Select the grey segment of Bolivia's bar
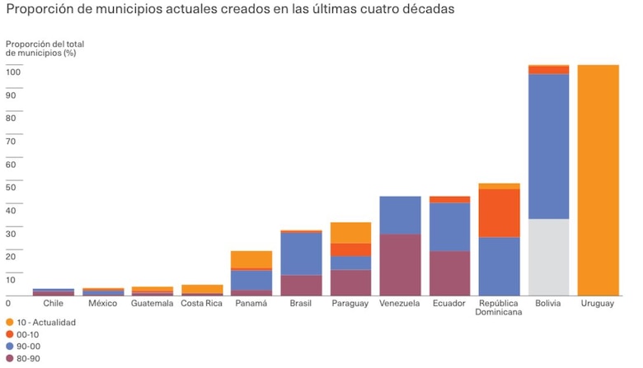(x=548, y=257)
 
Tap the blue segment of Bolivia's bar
(x=548, y=146)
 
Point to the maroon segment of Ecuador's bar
(x=449, y=273)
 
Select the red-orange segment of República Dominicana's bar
(x=499, y=212)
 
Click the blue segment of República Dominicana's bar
(x=499, y=266)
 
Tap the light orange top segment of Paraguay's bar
(x=350, y=232)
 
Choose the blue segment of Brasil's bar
(x=301, y=254)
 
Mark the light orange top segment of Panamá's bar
(x=251, y=259)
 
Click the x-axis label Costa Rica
(x=201, y=304)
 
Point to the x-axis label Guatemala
(x=153, y=304)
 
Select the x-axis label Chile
(x=54, y=304)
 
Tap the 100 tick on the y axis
(x=14, y=72)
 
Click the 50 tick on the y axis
(x=12, y=188)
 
